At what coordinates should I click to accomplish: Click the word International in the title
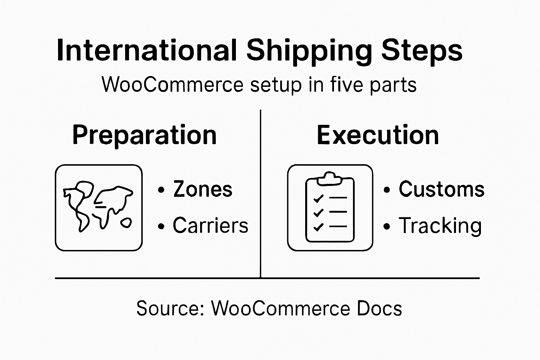pos(146,50)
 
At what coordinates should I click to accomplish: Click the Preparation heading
pos(144,135)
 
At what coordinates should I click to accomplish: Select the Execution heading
pos(378,135)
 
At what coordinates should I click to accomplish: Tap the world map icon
pos(99,207)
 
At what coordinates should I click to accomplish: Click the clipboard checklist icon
pos(330,207)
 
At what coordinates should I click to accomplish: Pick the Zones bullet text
pos(203,189)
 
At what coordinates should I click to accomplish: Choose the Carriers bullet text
pos(210,225)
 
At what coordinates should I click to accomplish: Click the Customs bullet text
pos(442,189)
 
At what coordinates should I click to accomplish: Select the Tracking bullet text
pos(440,225)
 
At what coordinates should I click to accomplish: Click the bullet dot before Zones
pos(161,190)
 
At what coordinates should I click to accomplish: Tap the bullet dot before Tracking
pos(387,226)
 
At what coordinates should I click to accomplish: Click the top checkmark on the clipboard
pos(318,199)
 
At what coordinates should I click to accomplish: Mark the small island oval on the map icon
pos(126,223)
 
